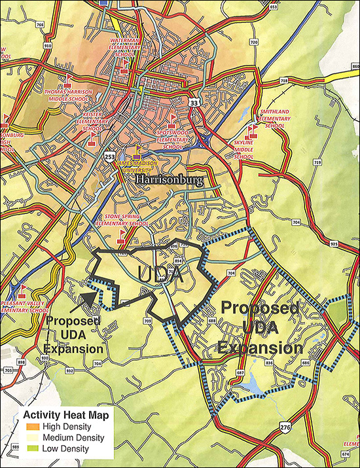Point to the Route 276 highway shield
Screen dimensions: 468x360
(285, 427)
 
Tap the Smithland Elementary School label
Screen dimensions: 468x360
(274, 118)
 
